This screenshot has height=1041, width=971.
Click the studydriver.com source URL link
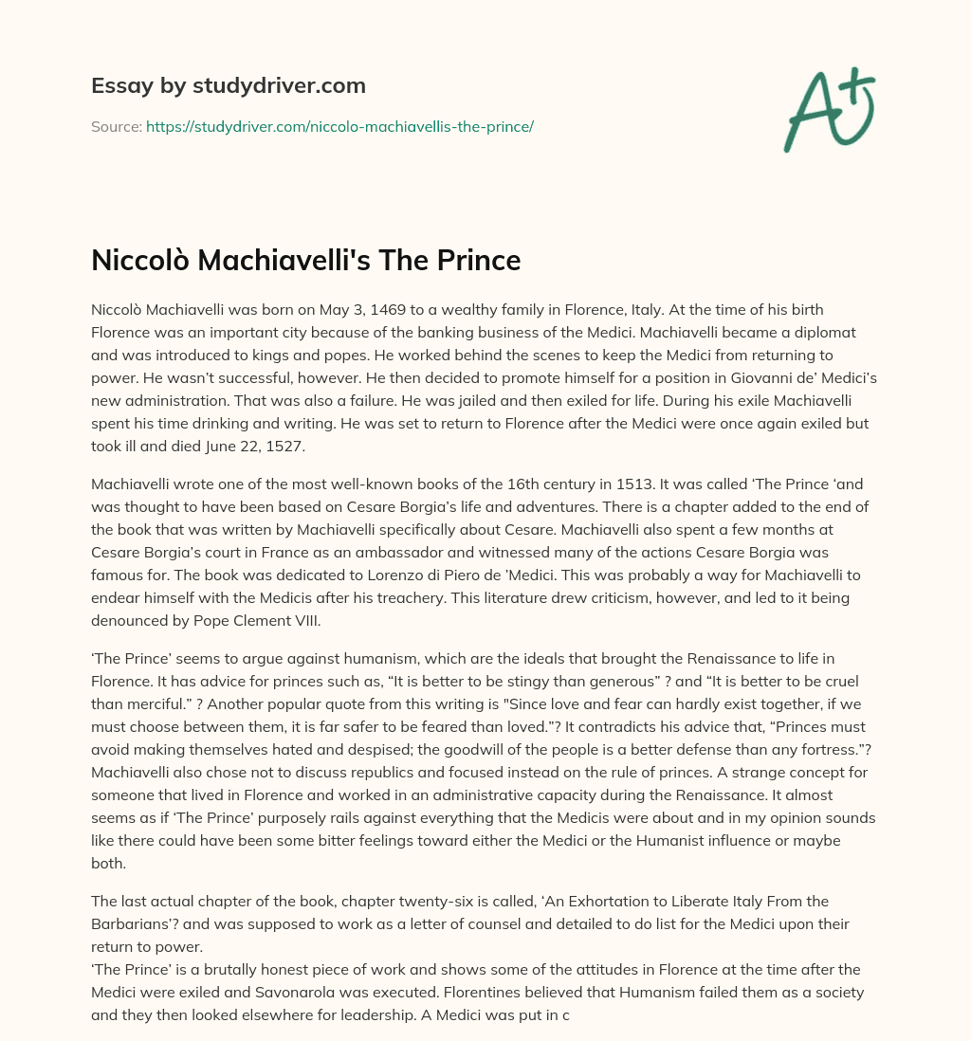(x=339, y=126)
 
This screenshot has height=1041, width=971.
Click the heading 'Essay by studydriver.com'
(x=229, y=86)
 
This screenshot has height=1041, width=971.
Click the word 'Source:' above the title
(x=116, y=126)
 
